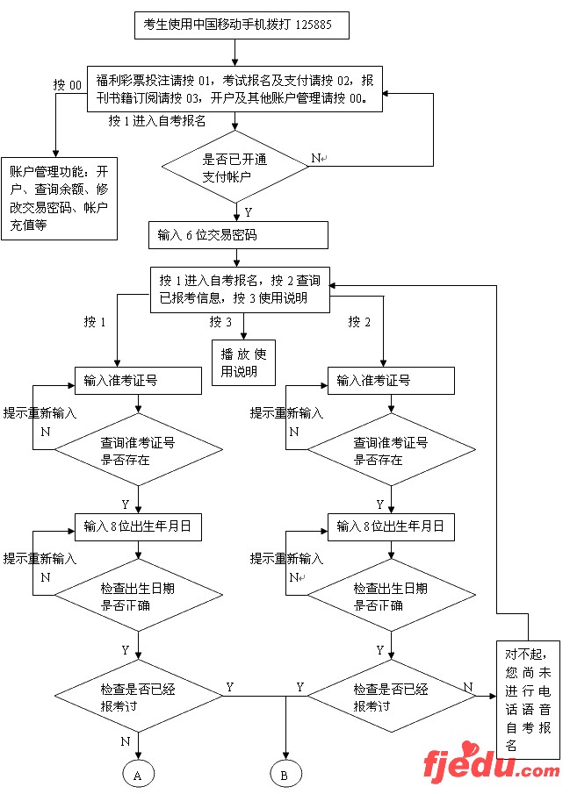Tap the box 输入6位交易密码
tap(238, 235)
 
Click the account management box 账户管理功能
tap(60, 197)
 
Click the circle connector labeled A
tap(138, 775)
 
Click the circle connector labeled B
tap(285, 775)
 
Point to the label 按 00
tap(68, 85)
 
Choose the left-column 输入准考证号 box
tap(129, 381)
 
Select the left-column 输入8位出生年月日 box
tap(138, 526)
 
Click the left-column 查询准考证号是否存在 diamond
tap(138, 452)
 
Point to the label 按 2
tap(359, 322)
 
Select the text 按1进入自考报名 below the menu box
tap(157, 120)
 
